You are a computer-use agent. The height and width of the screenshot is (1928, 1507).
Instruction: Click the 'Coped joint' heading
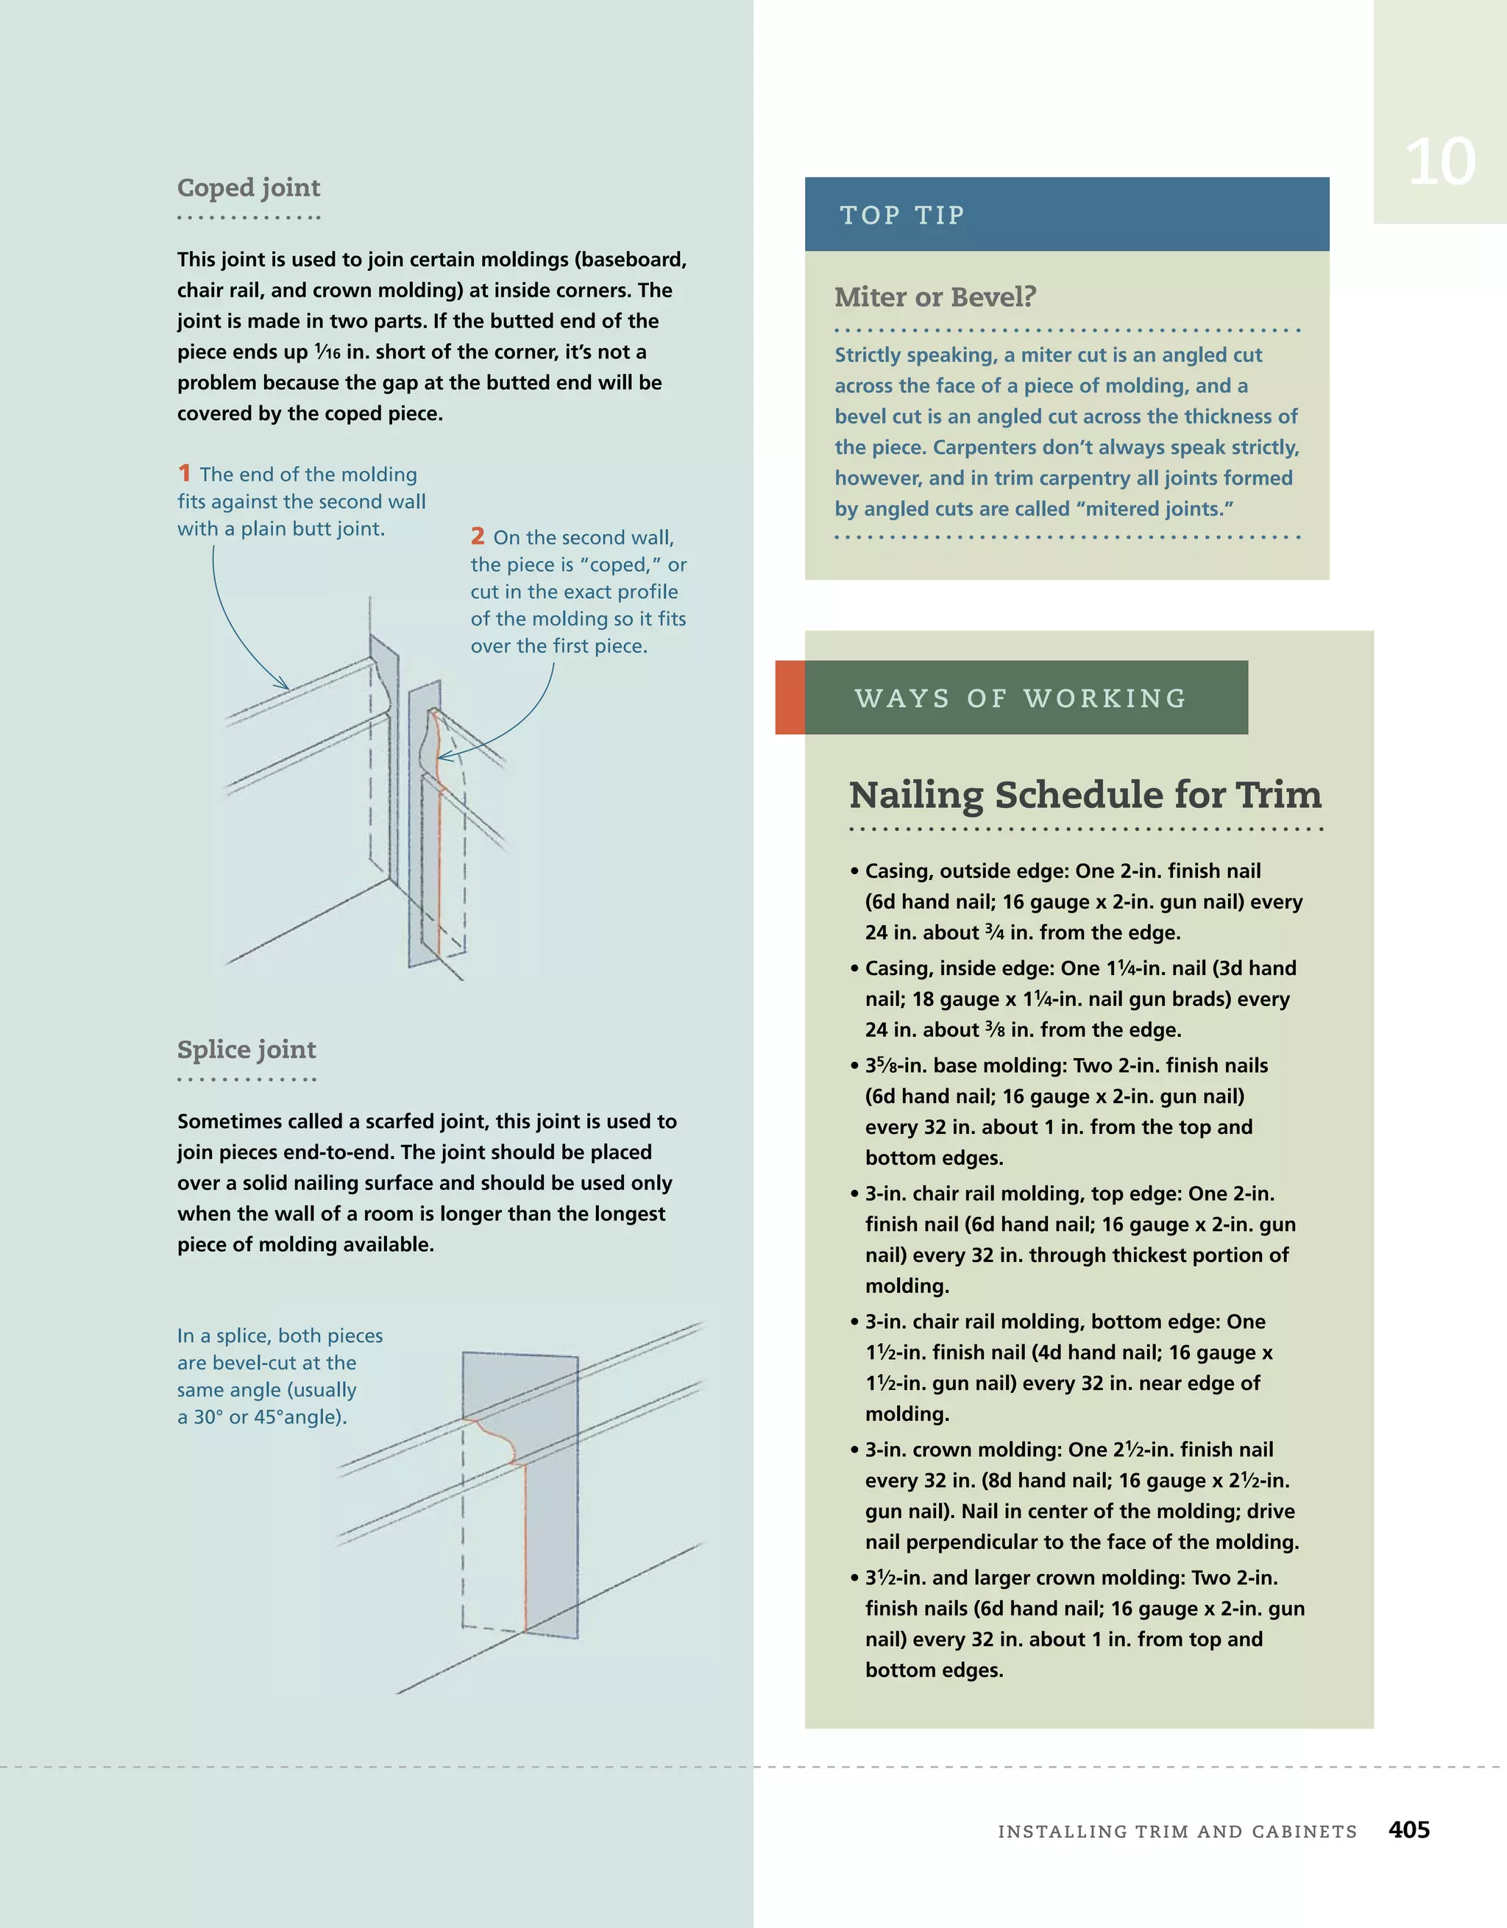pos(248,188)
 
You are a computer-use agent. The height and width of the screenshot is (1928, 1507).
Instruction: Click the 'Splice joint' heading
pos(247,1049)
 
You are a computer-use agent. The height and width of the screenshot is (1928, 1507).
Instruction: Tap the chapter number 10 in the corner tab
pos(1440,162)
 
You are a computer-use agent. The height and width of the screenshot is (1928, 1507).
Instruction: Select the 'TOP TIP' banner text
pos(901,216)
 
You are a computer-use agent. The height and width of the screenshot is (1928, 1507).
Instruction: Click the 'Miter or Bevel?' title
pos(935,297)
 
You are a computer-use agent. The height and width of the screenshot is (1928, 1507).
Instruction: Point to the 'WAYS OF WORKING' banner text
pos(1021,698)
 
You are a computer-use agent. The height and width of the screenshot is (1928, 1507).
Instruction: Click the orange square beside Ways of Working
pos(790,698)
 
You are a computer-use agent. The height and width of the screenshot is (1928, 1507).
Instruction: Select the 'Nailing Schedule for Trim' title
pos(1085,795)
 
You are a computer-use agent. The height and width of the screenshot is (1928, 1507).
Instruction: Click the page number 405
pos(1408,1829)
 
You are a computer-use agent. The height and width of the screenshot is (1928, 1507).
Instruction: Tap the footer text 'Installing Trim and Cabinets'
pos(1177,1831)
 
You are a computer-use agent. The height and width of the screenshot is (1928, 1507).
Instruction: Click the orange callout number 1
pos(185,473)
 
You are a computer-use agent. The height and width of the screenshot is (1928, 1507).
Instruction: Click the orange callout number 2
pos(478,536)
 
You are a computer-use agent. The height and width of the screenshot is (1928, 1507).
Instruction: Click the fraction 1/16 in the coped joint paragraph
pos(327,352)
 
